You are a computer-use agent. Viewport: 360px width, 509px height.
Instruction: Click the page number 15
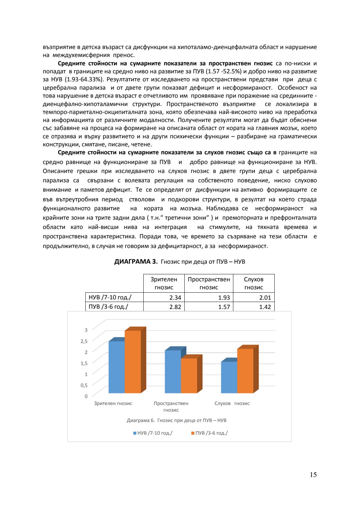(313, 475)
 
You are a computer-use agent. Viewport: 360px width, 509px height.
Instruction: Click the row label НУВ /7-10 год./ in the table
(110, 297)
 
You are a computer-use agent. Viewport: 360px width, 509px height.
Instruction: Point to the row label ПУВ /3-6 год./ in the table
(109, 306)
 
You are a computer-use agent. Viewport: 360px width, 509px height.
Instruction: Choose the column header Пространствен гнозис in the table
(209, 283)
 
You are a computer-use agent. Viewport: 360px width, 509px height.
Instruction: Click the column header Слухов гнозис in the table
(254, 283)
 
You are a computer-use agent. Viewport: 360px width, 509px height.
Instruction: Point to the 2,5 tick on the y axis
(84, 341)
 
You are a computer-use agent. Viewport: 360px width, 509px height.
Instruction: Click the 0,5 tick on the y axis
(84, 385)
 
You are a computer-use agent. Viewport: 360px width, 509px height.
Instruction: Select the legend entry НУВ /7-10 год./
(153, 433)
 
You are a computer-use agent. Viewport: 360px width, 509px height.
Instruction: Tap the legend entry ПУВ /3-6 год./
(210, 433)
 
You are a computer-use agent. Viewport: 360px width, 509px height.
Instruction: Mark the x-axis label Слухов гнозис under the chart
(232, 403)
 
